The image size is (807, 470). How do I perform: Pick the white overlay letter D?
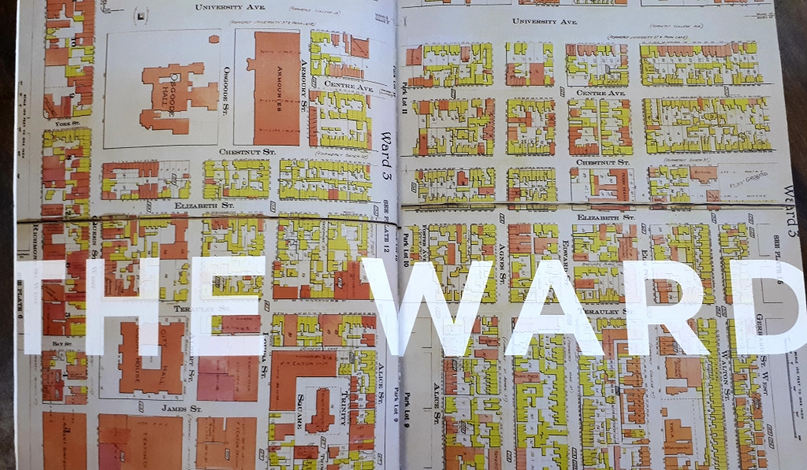(775, 308)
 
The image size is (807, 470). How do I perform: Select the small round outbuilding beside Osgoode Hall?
(214, 38)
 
